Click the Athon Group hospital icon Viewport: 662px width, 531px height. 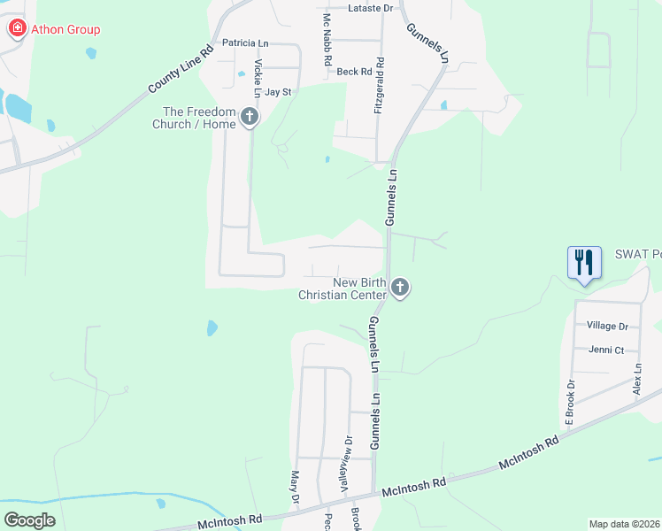pyautogui.click(x=17, y=29)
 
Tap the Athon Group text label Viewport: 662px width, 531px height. pyautogui.click(x=65, y=29)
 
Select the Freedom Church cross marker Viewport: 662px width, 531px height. pyautogui.click(x=250, y=116)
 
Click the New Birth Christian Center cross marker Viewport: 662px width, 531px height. pyautogui.click(x=400, y=288)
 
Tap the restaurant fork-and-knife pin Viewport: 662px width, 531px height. pyautogui.click(x=584, y=263)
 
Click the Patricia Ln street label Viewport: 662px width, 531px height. pyautogui.click(x=244, y=42)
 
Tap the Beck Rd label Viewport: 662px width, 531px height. pyautogui.click(x=354, y=72)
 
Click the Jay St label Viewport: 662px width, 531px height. pyautogui.click(x=278, y=91)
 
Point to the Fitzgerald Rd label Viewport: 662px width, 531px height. pyautogui.click(x=379, y=86)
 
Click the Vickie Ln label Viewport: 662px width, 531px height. pyautogui.click(x=258, y=79)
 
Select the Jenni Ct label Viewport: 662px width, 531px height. pyautogui.click(x=608, y=350)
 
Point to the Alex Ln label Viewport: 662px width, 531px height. pyautogui.click(x=636, y=378)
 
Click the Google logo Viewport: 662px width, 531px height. pyautogui.click(x=30, y=519)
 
